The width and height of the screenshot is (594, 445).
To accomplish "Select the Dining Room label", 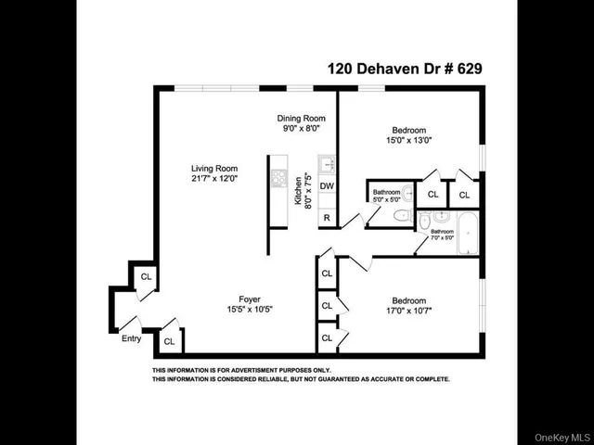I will tap(301, 119).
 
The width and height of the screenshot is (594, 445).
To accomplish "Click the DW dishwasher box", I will tap(327, 186).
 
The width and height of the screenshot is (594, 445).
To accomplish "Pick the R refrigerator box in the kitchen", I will tap(327, 218).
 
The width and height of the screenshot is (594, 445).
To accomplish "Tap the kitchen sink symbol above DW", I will tap(326, 165).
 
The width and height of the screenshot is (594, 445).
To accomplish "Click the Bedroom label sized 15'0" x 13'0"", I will tap(408, 130).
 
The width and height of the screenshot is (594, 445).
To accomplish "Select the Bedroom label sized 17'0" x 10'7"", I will tap(408, 301).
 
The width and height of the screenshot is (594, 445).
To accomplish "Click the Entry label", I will tap(132, 338).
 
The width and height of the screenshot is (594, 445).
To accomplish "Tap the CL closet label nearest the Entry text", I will tap(169, 341).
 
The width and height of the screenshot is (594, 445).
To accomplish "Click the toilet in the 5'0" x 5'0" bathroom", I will tap(400, 216).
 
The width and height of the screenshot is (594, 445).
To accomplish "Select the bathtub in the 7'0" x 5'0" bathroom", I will tap(466, 232).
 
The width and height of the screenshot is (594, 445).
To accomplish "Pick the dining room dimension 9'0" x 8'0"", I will tap(301, 129).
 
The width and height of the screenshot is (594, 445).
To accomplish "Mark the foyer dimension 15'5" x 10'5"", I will tap(250, 310).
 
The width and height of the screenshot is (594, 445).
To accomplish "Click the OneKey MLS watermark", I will tap(561, 437).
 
